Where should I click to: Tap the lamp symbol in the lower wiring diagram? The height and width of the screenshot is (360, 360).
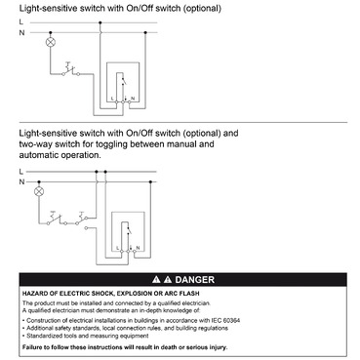40,193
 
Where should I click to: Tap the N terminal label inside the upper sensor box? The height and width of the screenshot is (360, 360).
132,100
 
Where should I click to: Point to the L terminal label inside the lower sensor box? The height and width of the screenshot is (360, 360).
116,249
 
